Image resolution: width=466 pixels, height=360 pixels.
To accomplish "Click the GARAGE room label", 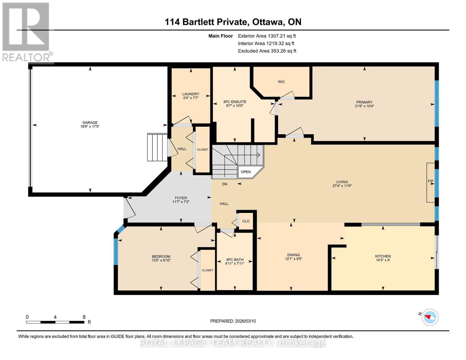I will [90, 122].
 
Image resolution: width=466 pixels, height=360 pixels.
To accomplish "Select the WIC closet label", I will [281, 82].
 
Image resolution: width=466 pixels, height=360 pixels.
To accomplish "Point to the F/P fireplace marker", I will [431, 181].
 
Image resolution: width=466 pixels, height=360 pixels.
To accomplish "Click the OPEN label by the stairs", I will [246, 172].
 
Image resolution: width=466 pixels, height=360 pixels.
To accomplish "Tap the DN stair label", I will [224, 184].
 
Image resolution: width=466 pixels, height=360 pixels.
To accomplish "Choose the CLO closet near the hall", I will [246, 221].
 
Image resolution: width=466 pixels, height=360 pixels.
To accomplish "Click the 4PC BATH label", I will [235, 259].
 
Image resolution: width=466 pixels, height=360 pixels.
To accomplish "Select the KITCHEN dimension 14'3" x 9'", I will [383, 260].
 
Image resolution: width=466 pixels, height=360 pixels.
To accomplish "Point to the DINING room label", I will [293, 255].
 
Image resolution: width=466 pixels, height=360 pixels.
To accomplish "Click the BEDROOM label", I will [161, 256].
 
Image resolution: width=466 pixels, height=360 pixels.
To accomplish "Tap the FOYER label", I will [181, 198].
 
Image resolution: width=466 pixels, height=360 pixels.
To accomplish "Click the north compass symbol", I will [430, 317].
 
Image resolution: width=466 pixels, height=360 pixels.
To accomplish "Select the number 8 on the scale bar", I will [84, 317].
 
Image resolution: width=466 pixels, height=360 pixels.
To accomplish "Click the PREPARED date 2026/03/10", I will [245, 321].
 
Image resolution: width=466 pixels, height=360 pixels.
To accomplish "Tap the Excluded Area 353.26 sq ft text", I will [267, 51].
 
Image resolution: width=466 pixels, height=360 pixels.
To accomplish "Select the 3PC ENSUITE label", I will [235, 102].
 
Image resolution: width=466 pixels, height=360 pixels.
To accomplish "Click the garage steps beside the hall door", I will [157, 147].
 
